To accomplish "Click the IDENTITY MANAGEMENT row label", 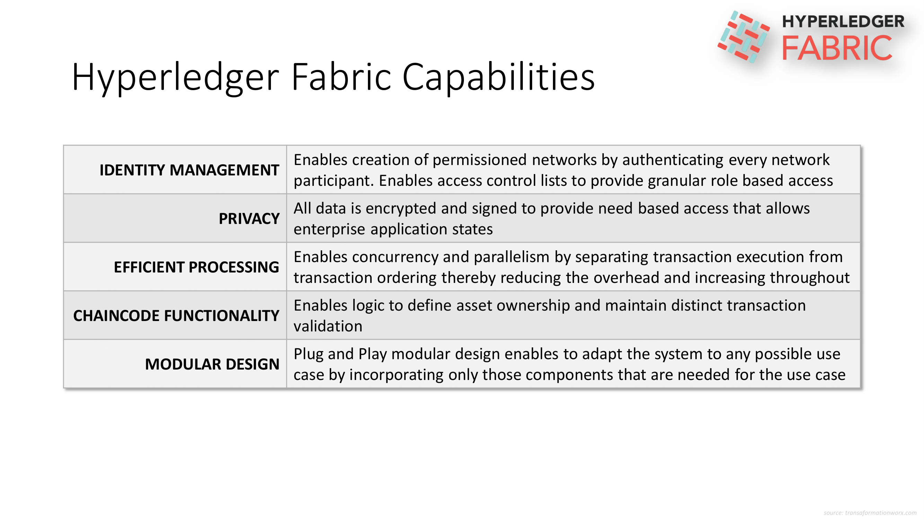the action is point(189,170).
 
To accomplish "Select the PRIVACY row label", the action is point(249,218).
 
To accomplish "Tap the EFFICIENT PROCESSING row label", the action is point(196,267).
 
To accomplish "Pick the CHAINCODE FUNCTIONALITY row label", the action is point(176,315).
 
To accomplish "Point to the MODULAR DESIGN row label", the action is point(212,364).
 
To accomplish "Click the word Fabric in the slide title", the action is point(341,77).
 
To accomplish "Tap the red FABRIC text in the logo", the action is point(837,48).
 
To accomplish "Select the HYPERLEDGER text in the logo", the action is point(843,21).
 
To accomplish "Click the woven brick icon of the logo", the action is point(743,36).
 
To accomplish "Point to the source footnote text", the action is point(870,513).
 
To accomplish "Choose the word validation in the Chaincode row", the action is point(328,326).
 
